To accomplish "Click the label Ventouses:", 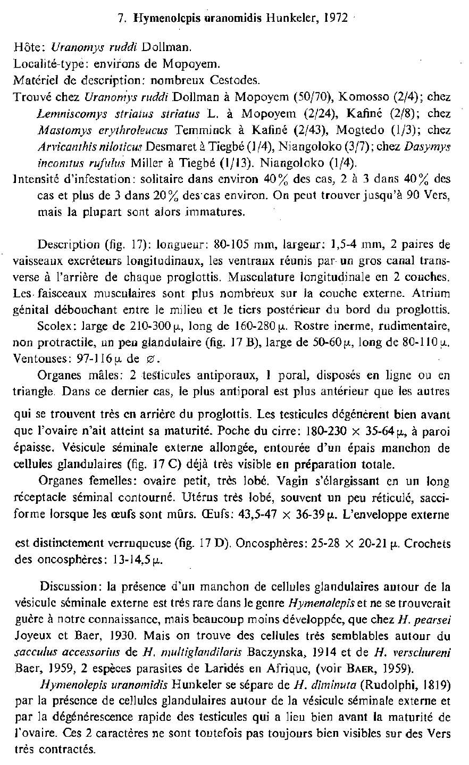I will pos(35,359).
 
